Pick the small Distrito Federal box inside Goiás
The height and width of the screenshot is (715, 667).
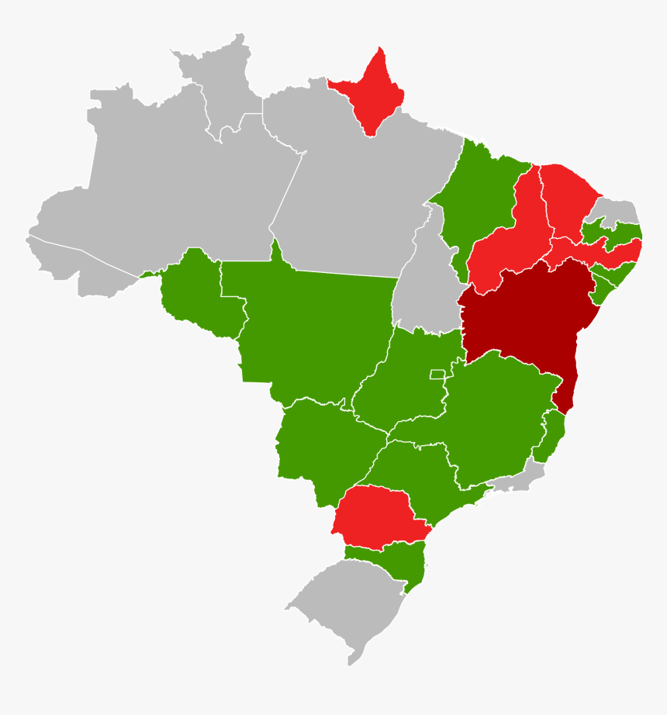point(440,375)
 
